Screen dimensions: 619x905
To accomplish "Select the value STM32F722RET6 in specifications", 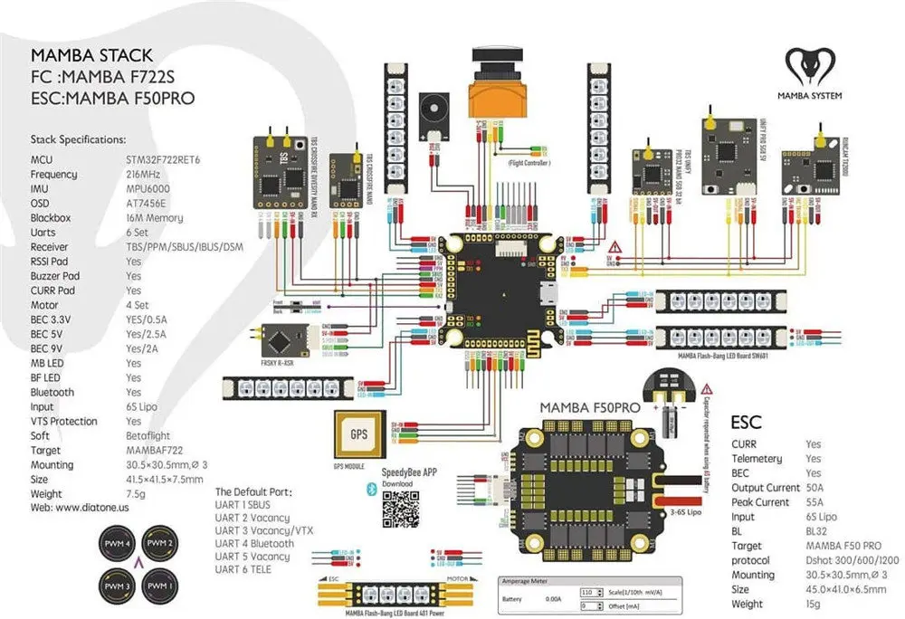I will coord(163,160).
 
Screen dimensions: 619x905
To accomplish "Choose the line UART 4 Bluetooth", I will coord(253,544).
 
